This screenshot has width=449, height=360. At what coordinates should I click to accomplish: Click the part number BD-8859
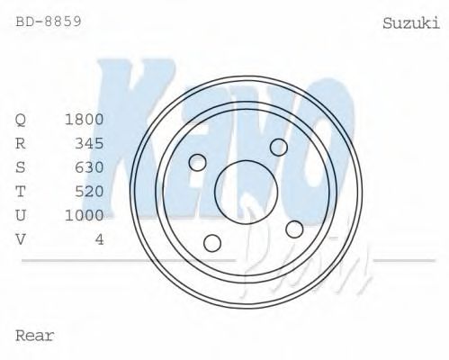click(x=49, y=19)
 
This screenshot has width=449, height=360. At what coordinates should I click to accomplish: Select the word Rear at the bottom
click(x=35, y=336)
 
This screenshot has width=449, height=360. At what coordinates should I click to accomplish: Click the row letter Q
click(x=22, y=120)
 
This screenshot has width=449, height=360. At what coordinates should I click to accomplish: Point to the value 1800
click(x=84, y=120)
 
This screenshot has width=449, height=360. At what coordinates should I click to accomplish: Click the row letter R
click(x=22, y=143)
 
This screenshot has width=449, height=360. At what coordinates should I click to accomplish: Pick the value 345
click(x=89, y=143)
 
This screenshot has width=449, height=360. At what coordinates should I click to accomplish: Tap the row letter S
click(x=22, y=167)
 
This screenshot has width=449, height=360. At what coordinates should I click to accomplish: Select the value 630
click(x=89, y=167)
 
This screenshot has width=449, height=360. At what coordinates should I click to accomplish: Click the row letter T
click(x=22, y=191)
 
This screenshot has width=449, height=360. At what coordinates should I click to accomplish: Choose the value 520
click(x=89, y=191)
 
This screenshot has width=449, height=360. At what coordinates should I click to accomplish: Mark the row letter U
click(x=22, y=215)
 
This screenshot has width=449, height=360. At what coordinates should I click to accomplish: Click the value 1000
click(x=84, y=215)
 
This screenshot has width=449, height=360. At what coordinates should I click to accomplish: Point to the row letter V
click(x=22, y=238)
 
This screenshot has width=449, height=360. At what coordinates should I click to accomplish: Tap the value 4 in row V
click(x=99, y=238)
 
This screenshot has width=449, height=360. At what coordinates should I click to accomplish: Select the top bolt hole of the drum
click(x=279, y=147)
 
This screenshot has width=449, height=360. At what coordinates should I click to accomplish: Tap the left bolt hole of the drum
click(x=198, y=162)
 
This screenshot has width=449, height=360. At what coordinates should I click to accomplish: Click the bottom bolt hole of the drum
click(x=212, y=242)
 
